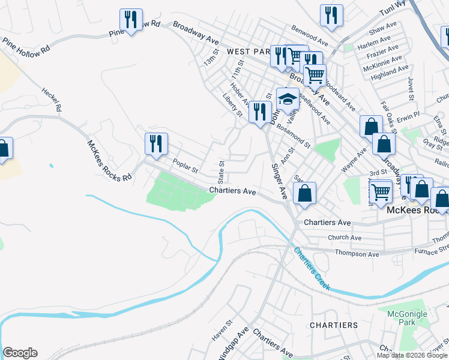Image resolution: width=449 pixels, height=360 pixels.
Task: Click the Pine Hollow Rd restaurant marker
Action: point(130,20)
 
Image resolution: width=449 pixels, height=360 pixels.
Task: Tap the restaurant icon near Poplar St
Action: point(155,144)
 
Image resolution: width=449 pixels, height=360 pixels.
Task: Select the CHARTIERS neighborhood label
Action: point(333,325)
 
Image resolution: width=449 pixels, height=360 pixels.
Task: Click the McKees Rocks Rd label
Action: point(109,161)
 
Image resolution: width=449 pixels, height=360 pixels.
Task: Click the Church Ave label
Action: point(345,238)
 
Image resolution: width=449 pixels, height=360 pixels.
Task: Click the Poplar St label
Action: point(185,166)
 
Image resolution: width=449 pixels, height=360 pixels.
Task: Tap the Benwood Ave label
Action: point(309,35)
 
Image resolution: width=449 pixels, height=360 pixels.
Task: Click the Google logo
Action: point(20,353)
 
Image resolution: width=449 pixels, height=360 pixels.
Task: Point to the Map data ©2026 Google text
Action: point(412,355)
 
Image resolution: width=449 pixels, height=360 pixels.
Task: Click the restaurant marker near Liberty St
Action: point(259,113)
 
